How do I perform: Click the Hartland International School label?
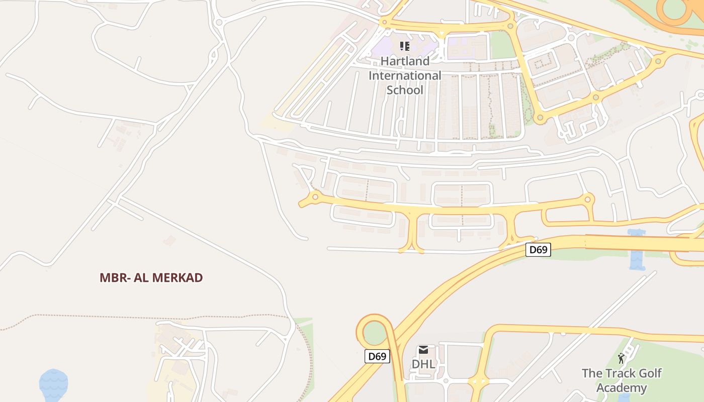tap(405, 75)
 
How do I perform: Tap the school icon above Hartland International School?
tap(405, 47)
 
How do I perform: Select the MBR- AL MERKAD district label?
tap(151, 278)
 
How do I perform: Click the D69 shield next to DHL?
tap(377, 357)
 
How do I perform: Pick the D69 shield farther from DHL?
tap(538, 250)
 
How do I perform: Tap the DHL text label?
tap(423, 364)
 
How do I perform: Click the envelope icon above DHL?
tap(423, 350)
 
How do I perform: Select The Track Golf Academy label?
tap(622, 380)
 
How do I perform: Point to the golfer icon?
tap(621, 358)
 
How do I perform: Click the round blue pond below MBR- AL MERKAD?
tap(54, 384)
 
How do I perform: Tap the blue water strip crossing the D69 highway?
tap(637, 250)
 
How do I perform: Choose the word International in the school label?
tap(405, 76)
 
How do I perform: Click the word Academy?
tap(622, 388)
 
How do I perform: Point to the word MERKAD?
tap(179, 278)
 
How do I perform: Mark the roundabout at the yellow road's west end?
tap(315, 196)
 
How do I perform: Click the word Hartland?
tap(405, 61)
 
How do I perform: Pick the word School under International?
tap(405, 90)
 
